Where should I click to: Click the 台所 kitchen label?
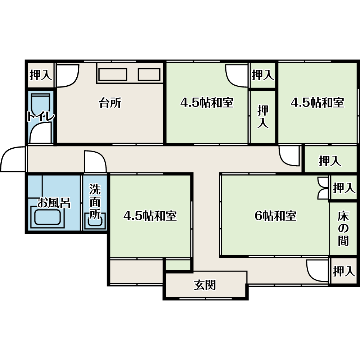click(x=110, y=103)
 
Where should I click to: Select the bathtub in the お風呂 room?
click(x=47, y=217)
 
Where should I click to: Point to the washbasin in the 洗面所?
click(x=95, y=220)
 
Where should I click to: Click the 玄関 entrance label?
click(x=205, y=285)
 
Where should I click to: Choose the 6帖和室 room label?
click(x=275, y=216)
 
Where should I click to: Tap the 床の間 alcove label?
click(x=343, y=229)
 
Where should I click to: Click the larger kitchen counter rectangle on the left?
click(x=113, y=75)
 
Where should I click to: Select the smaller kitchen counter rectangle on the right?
click(x=149, y=75)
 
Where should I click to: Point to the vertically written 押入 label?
click(x=263, y=117)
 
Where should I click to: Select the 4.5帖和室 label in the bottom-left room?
click(x=150, y=216)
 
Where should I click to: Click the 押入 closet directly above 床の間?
click(x=343, y=188)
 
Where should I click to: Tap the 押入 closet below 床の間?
click(x=343, y=271)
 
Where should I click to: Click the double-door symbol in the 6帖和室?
click(x=323, y=188)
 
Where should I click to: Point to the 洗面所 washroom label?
click(x=95, y=201)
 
